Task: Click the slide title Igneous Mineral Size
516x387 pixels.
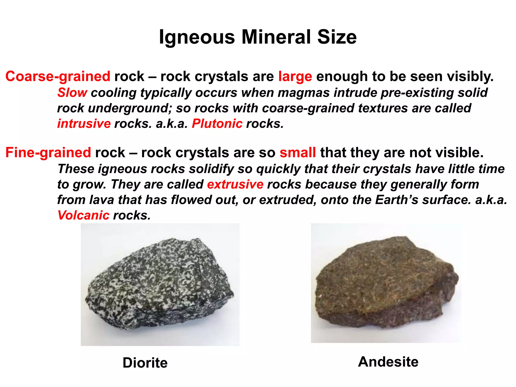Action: [x=258, y=37]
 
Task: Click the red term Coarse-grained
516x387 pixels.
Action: [x=58, y=76]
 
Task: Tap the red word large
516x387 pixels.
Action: [x=295, y=76]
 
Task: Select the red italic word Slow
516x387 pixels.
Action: [x=72, y=92]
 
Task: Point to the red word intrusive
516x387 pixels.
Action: [x=84, y=123]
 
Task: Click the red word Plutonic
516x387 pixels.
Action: [x=217, y=123]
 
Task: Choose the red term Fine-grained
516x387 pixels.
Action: [x=48, y=152]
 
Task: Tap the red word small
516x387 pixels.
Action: [x=298, y=152]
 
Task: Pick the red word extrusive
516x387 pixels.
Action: [x=235, y=184]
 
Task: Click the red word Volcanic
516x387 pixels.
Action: [x=83, y=215]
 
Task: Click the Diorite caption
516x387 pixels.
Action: [x=145, y=363]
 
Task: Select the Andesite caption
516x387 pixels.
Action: [x=388, y=362]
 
